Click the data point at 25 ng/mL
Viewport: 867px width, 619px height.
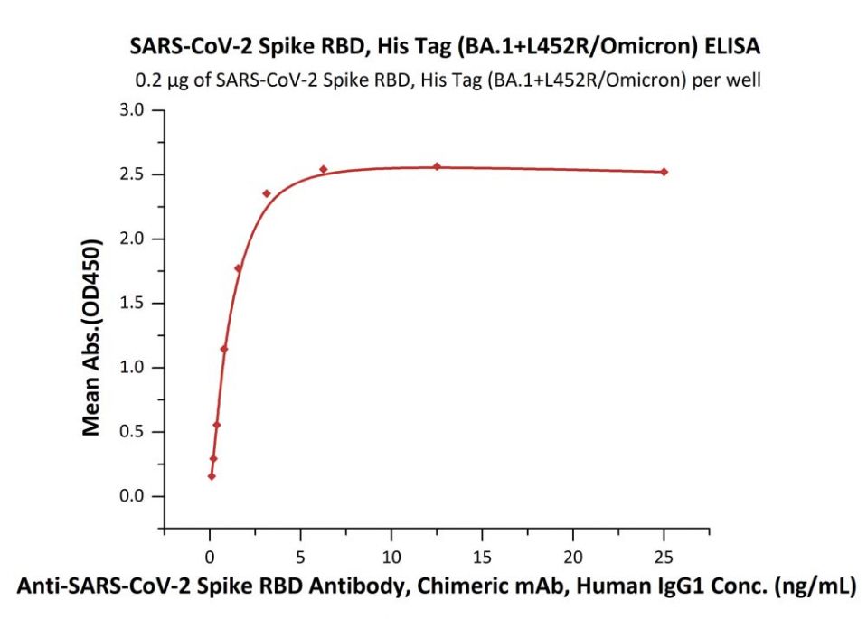(664, 172)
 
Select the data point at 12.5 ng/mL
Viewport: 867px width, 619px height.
(437, 166)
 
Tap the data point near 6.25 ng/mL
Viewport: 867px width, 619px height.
(324, 169)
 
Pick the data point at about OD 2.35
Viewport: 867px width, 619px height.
(267, 193)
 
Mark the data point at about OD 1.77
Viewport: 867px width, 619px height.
(238, 268)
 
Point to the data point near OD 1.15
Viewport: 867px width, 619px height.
(224, 349)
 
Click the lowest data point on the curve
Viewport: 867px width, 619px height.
(212, 476)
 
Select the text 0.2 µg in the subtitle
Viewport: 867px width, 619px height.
(155, 80)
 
